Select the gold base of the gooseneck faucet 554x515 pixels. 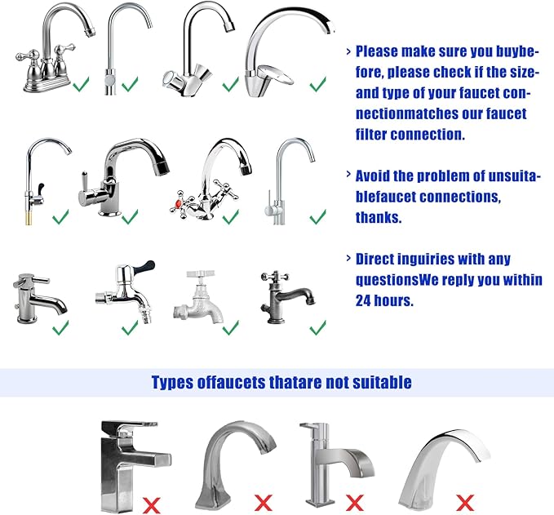click(x=31, y=213)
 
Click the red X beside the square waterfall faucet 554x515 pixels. click(x=149, y=501)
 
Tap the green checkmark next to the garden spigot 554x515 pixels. click(x=231, y=327)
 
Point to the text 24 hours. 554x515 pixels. click(x=384, y=300)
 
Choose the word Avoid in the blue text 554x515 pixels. click(x=374, y=175)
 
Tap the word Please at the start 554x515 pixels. click(x=378, y=51)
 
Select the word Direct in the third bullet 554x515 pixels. click(x=377, y=259)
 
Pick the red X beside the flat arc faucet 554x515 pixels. click(x=464, y=501)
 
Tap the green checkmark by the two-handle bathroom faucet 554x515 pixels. click(x=80, y=84)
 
